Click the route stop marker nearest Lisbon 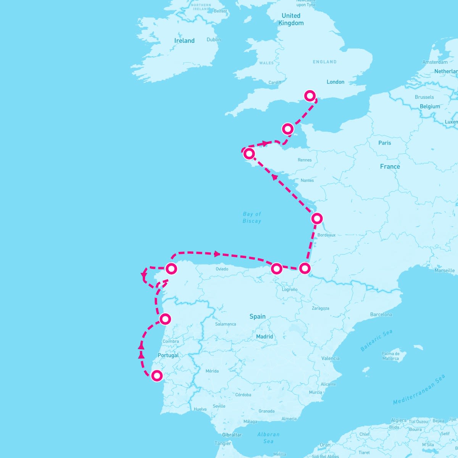click(x=157, y=376)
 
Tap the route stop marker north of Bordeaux click(x=317, y=218)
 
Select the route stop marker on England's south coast click(x=310, y=95)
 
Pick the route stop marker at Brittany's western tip click(x=249, y=153)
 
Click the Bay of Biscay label click(x=252, y=218)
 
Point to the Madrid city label click(x=264, y=337)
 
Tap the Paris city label click(x=385, y=143)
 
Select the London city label click(x=335, y=82)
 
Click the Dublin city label click(x=214, y=39)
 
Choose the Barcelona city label click(x=381, y=314)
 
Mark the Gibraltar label click(x=232, y=435)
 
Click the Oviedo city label click(x=222, y=269)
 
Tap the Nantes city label click(x=307, y=180)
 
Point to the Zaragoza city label click(x=320, y=308)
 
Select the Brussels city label click(x=424, y=97)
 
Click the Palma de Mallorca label click(x=390, y=356)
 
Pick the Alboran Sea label click(x=268, y=438)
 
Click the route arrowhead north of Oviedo click(x=217, y=254)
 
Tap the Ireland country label click(x=184, y=41)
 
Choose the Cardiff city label click(x=275, y=82)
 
